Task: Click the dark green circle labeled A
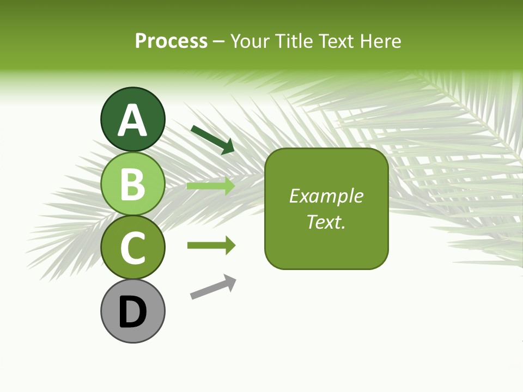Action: (132, 119)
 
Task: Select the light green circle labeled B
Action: (132, 183)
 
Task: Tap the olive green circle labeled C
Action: (132, 247)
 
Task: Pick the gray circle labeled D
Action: (132, 311)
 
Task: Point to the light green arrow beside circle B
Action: (211, 186)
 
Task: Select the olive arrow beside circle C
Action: (211, 246)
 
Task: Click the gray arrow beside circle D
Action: (212, 287)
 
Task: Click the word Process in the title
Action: (171, 41)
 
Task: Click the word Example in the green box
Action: (326, 196)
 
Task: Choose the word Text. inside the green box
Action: (326, 222)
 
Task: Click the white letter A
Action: (132, 120)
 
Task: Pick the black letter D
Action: (132, 312)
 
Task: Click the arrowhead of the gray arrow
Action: (230, 281)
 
